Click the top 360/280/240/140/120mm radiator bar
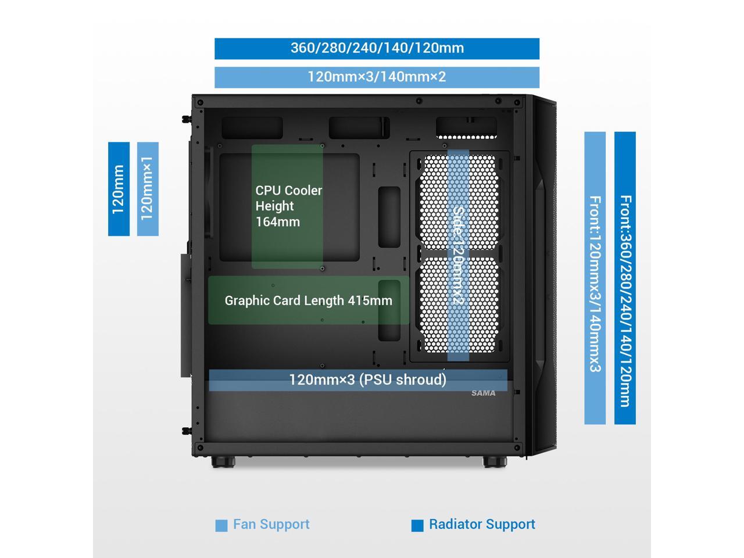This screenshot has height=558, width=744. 377,48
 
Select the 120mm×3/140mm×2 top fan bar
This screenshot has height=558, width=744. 377,77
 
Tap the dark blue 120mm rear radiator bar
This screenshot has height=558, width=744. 119,189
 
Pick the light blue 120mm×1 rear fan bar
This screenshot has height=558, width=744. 148,189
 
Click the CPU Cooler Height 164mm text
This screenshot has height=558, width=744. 288,206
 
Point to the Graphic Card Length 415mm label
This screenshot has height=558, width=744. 308,301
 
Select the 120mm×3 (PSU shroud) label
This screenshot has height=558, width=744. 367,380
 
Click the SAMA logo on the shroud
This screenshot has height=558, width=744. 484,394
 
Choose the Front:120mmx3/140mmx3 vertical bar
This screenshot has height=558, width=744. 595,278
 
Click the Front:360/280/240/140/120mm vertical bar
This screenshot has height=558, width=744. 625,278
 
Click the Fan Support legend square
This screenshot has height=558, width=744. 221,525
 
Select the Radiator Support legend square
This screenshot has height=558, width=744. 417,525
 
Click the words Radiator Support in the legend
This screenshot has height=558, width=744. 482,524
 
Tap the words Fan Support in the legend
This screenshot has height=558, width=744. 271,524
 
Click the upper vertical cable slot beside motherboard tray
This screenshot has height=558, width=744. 389,216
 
